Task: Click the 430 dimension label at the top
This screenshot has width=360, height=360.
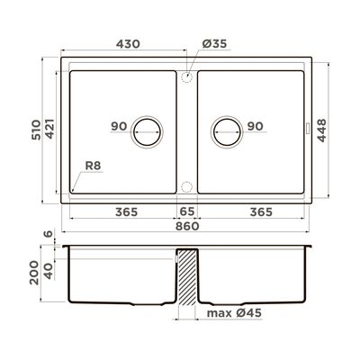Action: (128, 44)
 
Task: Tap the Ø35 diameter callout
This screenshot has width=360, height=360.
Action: (214, 44)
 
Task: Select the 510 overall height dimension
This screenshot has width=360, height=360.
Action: (36, 130)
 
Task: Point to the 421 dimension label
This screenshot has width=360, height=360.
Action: (49, 129)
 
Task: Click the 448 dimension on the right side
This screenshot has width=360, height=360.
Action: (321, 130)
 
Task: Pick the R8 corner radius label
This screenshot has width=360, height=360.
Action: (93, 166)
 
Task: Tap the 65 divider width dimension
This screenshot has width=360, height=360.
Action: (187, 211)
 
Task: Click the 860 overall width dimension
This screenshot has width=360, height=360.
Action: (187, 226)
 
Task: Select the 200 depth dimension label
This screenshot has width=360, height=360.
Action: (34, 273)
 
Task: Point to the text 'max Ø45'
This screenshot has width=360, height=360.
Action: (234, 313)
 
